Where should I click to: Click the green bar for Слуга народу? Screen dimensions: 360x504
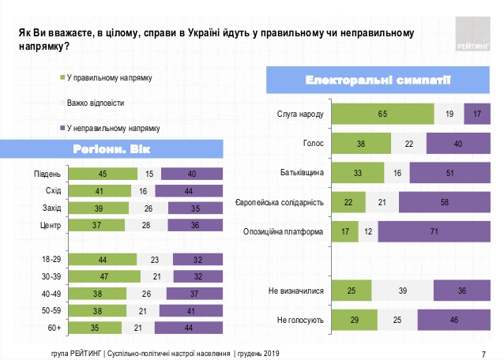click(383, 114)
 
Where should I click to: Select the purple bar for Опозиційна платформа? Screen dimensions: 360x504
click(433, 232)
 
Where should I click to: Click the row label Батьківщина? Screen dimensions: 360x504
click(303, 172)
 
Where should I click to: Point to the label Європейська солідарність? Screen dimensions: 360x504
click(280, 202)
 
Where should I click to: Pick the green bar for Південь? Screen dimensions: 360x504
click(102, 174)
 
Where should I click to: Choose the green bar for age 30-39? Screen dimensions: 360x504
click(103, 276)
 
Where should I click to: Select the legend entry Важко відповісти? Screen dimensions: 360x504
click(96, 103)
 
